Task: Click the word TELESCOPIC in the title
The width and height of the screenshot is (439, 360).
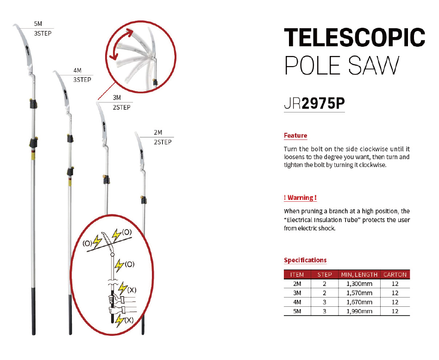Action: tap(354, 37)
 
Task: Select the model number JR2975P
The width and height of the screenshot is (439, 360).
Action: tap(314, 104)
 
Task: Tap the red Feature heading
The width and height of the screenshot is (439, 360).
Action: tap(295, 136)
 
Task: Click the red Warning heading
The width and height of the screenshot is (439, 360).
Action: tap(300, 198)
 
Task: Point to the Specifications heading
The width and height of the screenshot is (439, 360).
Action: tap(305, 260)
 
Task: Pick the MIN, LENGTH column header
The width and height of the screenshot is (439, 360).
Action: tap(359, 275)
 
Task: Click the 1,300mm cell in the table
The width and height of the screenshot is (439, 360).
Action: tap(359, 284)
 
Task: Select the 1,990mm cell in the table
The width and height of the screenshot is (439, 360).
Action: tap(359, 311)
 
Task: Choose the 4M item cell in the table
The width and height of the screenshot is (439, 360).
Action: tap(297, 302)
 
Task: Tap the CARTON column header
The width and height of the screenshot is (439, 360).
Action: tap(395, 275)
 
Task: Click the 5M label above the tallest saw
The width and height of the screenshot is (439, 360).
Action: tap(38, 24)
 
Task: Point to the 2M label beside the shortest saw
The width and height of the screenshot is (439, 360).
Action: tap(158, 132)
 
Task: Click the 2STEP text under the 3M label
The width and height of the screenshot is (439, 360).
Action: tap(121, 107)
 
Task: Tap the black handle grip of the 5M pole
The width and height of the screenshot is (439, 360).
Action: tap(34, 310)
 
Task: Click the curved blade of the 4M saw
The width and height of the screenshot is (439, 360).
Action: tap(63, 89)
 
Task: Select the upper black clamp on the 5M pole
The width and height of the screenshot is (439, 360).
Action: tap(34, 104)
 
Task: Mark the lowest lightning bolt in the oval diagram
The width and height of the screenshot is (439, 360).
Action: tap(120, 321)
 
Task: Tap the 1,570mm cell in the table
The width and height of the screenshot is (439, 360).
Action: tap(359, 293)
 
